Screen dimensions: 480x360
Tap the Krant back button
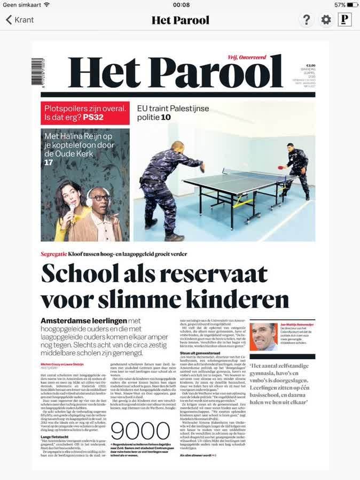[x=20, y=20]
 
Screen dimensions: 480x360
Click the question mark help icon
[x=307, y=20]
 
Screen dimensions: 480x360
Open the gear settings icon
[x=325, y=20]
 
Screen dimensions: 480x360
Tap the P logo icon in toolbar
[x=345, y=20]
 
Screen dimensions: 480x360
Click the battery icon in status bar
[x=350, y=4]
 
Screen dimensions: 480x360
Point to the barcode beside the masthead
[x=37, y=72]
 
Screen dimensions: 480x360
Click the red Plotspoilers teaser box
[x=85, y=113]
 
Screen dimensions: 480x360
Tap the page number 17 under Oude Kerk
[x=49, y=162]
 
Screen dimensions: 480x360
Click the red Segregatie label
[x=56, y=253]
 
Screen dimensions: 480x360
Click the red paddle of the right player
[x=281, y=166]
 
